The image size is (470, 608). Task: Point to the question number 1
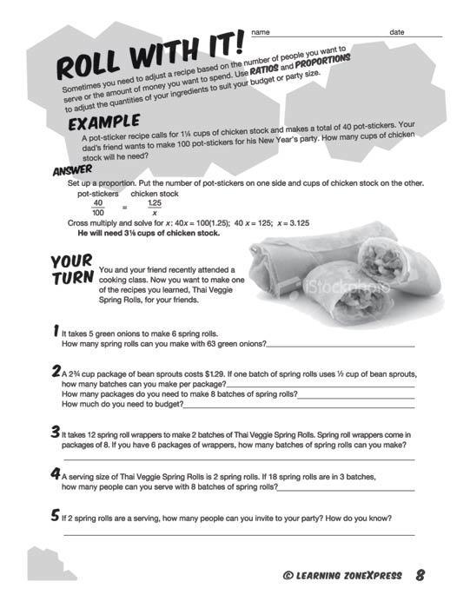(56, 331)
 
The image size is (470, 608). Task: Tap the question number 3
(56, 432)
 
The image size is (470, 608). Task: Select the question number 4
(56, 474)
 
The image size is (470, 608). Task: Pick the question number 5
(56, 516)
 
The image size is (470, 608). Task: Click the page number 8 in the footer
(420, 574)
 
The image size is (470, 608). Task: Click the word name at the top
(260, 32)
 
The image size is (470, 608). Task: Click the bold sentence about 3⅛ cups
(149, 233)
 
